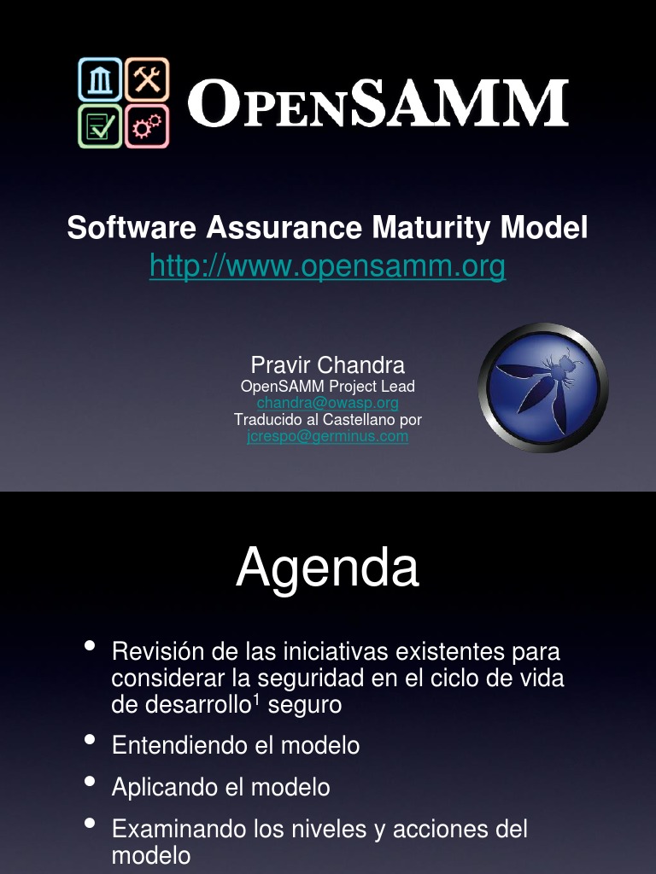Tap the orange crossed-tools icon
point(147,79)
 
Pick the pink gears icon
point(147,126)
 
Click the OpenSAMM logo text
point(378,104)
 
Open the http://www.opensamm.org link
point(327,267)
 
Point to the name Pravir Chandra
point(327,365)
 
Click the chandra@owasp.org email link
point(327,402)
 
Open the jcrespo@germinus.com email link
point(327,436)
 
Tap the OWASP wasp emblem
point(543,387)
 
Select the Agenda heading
point(327,568)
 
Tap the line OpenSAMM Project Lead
point(327,386)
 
